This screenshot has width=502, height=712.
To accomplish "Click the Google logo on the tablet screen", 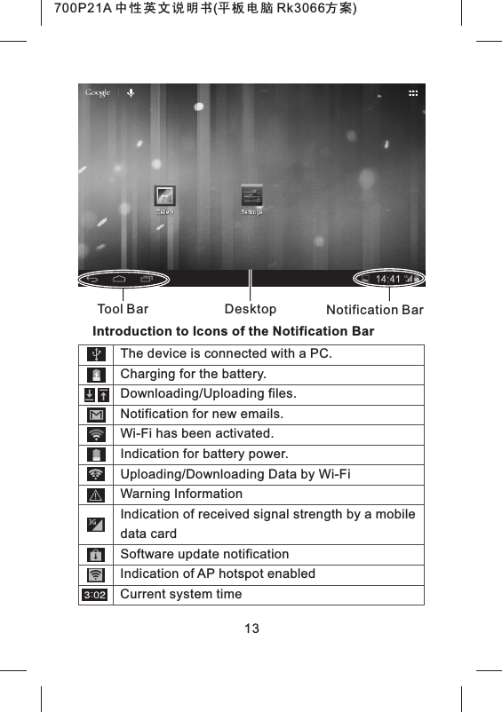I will (x=98, y=92).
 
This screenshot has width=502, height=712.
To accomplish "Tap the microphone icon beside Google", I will (x=130, y=92).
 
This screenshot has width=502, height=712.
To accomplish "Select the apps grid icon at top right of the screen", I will (x=413, y=93).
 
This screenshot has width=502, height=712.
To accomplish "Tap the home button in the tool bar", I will (x=118, y=279).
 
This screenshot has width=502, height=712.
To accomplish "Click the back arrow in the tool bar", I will (x=92, y=279).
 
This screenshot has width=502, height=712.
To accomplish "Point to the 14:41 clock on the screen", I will (x=388, y=279).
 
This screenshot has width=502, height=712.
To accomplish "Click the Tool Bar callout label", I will (x=122, y=310).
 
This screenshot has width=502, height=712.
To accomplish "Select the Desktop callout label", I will (x=251, y=309).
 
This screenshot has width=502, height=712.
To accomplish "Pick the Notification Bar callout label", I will (x=375, y=310).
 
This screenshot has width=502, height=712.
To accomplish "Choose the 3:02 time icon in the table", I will (x=95, y=594).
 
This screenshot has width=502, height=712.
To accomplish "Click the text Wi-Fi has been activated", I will (x=196, y=434).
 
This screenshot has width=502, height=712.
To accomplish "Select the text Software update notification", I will (x=204, y=554).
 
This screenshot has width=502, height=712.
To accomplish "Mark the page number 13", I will (x=251, y=629).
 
